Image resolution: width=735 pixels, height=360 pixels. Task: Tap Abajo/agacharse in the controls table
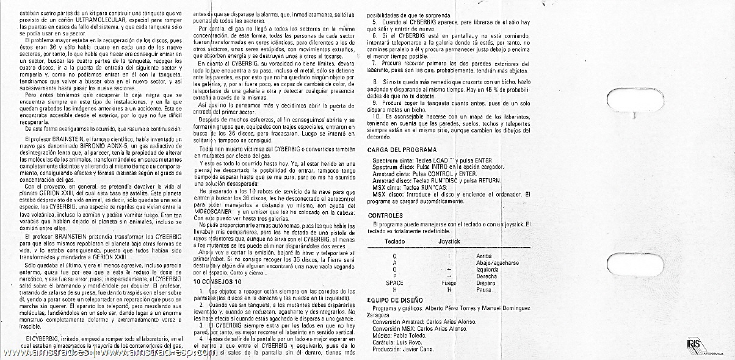(x=496, y=262)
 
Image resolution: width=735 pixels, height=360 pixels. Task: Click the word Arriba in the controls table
(x=483, y=256)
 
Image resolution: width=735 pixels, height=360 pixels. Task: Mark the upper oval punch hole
(x=628, y=97)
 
